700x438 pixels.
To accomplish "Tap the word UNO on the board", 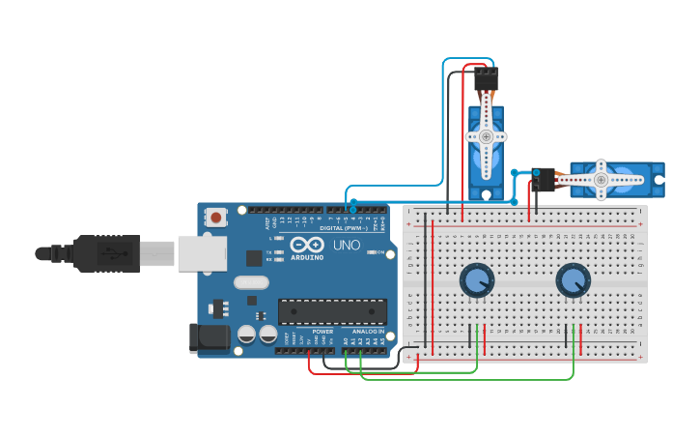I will tap(347, 247).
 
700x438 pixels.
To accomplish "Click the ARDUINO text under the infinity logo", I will tap(306, 256).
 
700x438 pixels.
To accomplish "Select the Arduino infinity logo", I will tap(306, 244).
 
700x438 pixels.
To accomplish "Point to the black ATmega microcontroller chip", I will tap(332, 311).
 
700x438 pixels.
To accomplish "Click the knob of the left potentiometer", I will tap(477, 280).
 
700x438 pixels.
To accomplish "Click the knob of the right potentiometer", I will tap(573, 280).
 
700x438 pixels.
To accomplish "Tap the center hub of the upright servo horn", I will tap(486, 137).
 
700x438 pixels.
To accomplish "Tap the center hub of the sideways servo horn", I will tap(601, 180).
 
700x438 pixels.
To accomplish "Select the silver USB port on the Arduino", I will tap(202, 253).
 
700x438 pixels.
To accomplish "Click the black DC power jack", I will tap(210, 337).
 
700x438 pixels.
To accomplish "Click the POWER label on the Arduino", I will tap(322, 332).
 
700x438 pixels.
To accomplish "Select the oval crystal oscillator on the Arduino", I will tap(250, 282).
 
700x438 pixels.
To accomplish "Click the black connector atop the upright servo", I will tap(487, 78).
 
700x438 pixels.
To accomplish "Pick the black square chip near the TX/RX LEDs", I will tap(254, 258).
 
